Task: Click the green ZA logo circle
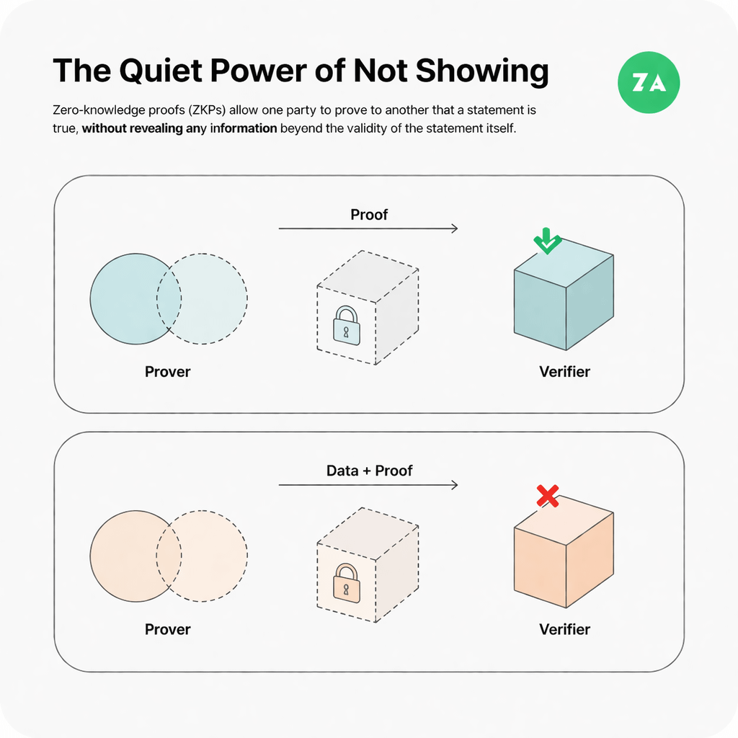click(x=649, y=82)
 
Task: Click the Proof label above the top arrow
click(x=369, y=215)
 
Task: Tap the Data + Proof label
click(x=370, y=471)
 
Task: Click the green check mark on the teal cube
click(x=547, y=241)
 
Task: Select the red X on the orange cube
click(x=548, y=496)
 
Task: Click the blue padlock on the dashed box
click(x=347, y=325)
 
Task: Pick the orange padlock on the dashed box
click(x=347, y=582)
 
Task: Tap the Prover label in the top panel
click(x=167, y=372)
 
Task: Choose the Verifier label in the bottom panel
click(x=564, y=629)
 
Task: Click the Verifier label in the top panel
click(x=564, y=372)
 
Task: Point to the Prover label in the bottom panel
click(x=167, y=629)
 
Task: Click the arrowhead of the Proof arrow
click(x=455, y=228)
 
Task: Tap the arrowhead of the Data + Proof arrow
click(x=455, y=485)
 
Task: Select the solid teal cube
click(x=564, y=294)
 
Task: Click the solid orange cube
click(x=564, y=551)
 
